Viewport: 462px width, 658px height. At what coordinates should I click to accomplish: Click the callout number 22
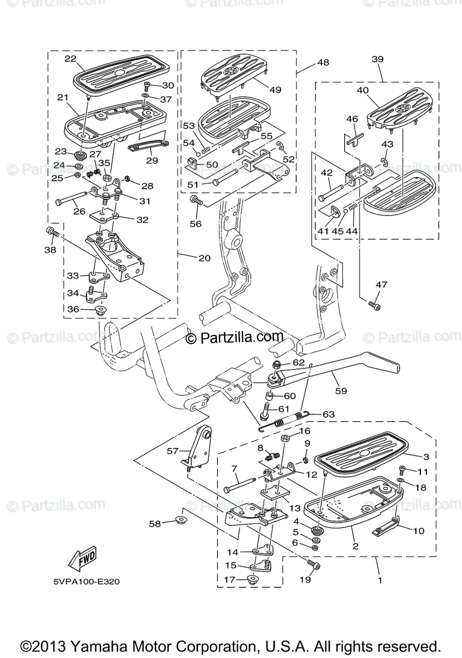(x=70, y=59)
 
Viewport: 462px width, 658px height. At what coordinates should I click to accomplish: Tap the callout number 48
(x=323, y=63)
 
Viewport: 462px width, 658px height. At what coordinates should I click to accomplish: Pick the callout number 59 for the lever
(x=341, y=392)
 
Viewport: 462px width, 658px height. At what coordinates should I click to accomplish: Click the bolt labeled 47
(x=375, y=304)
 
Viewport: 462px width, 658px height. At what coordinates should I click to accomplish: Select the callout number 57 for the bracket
(x=173, y=451)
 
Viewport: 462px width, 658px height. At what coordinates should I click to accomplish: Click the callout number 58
(x=155, y=524)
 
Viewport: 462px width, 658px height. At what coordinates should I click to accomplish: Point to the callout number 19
(x=305, y=579)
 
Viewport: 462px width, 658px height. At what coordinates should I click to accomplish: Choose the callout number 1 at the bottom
(x=379, y=579)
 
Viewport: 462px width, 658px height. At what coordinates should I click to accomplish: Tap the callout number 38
(x=50, y=249)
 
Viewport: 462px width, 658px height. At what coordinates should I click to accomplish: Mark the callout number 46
(x=352, y=118)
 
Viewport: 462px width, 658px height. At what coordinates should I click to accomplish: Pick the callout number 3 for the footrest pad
(x=425, y=456)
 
